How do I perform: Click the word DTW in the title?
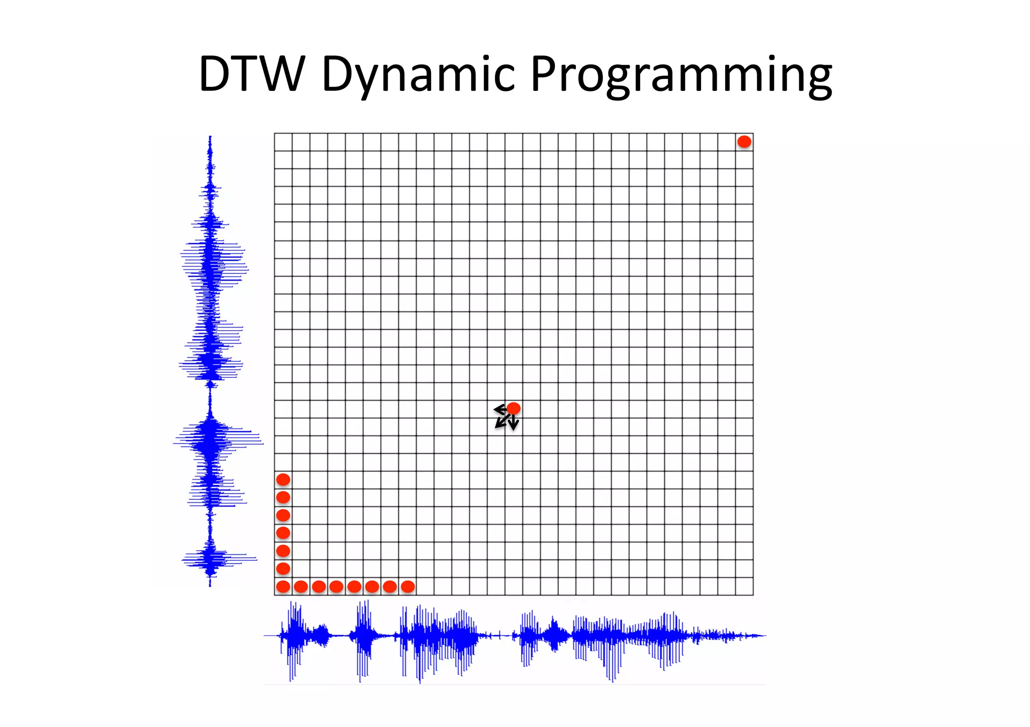[251, 74]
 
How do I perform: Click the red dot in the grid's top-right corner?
[744, 142]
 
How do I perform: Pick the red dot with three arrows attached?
[513, 408]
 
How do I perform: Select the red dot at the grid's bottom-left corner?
[283, 586]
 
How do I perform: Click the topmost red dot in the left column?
[283, 479]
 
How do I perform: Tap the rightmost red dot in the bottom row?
[408, 586]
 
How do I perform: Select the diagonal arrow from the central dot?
[501, 422]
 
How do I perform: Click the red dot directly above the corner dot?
[283, 568]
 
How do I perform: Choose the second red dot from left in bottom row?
[301, 586]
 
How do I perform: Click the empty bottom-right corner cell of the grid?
[744, 586]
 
